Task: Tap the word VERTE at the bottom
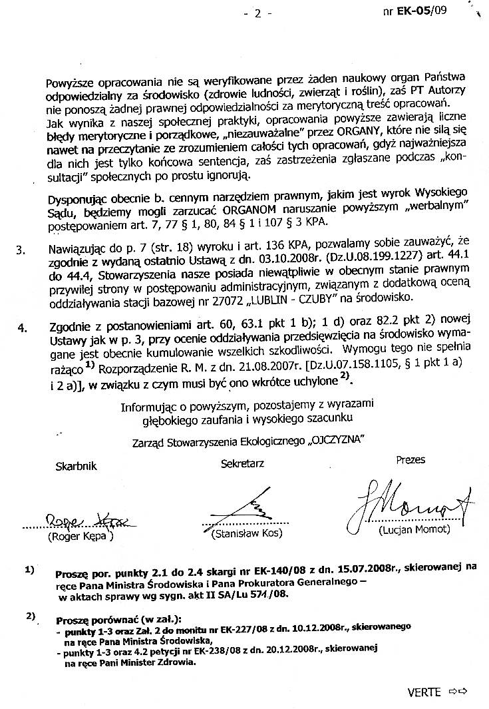coord(424,692)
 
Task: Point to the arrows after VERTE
coord(458,692)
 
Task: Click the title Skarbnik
coord(76,467)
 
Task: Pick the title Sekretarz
coord(243,464)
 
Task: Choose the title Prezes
coord(410,459)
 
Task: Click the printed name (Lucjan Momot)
coord(406,531)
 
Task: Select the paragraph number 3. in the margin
coord(21,250)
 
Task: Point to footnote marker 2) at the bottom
coord(31,616)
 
